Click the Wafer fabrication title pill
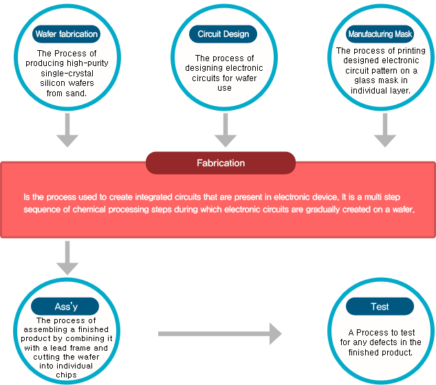67,34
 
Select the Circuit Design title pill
223,34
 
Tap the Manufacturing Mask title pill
380,34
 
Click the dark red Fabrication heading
221,163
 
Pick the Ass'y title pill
65,307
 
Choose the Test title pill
380,307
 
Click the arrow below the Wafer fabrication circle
67,130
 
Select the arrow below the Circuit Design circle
226,130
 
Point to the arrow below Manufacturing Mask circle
385,130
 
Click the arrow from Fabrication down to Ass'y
67,258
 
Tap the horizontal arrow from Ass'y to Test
220,334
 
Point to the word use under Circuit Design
224,88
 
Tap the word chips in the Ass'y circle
66,375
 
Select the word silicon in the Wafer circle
51,83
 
